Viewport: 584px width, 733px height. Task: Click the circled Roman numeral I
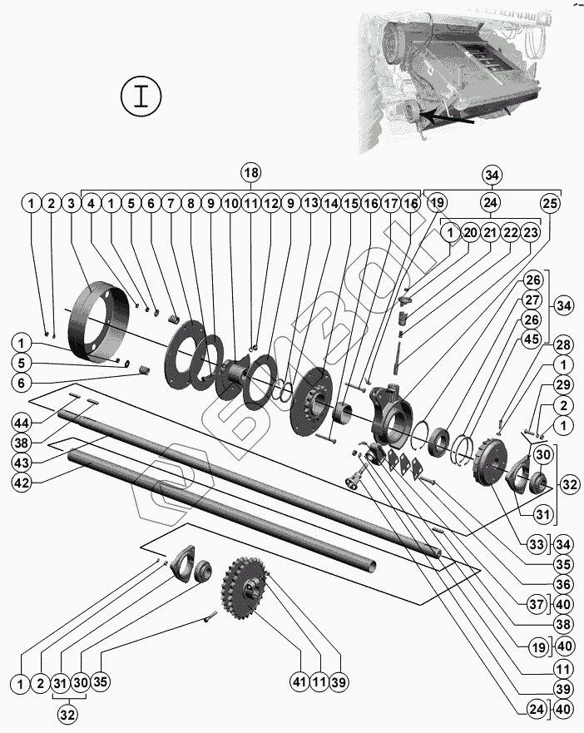(x=141, y=97)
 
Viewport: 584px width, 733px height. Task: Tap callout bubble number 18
(x=251, y=172)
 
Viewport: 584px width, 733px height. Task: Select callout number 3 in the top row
(x=71, y=203)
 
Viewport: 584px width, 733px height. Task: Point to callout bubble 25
(x=551, y=203)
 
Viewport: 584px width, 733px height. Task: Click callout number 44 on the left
(x=22, y=423)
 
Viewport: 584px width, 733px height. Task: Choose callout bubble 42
(x=22, y=483)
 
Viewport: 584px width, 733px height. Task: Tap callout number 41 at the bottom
(x=299, y=682)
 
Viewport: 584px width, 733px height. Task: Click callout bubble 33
(x=537, y=544)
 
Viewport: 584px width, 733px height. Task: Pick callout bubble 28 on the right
(x=563, y=345)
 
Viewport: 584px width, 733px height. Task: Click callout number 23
(x=530, y=232)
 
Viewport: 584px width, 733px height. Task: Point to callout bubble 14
(x=331, y=203)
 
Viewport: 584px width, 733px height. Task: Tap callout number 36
(x=563, y=584)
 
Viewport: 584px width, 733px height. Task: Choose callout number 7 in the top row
(x=171, y=203)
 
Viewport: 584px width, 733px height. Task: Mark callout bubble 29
(x=563, y=384)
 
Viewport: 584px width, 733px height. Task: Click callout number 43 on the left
(x=22, y=463)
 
